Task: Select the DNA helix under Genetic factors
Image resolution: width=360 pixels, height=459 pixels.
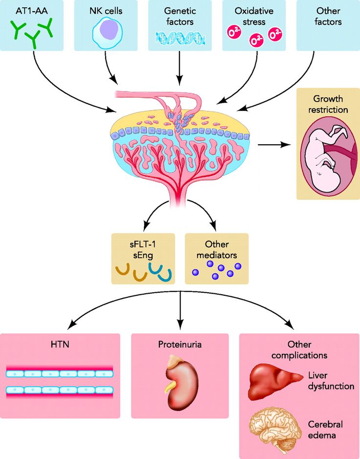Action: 180,38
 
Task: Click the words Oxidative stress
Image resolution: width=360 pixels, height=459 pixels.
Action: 254,17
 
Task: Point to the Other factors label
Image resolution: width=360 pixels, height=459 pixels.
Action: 328,17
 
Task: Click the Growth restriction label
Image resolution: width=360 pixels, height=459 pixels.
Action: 328,104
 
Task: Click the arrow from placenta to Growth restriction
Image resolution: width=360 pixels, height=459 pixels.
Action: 274,144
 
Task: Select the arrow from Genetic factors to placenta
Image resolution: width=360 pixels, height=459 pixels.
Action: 180,68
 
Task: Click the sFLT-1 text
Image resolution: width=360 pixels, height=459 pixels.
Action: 143,244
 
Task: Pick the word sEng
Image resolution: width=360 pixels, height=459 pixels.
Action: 143,255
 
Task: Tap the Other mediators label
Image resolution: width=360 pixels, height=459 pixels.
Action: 217,250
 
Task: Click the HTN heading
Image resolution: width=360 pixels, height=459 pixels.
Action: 60,344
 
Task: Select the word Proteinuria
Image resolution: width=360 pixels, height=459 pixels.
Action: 180,344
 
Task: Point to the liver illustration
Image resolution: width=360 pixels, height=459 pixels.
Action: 275,381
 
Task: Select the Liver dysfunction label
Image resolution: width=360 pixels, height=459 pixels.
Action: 331,381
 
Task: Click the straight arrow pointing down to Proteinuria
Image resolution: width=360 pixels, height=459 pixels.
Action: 180,310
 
